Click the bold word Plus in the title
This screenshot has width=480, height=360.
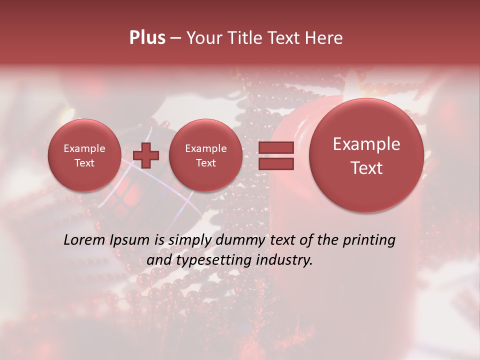tap(147, 38)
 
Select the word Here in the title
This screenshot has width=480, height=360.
tap(325, 38)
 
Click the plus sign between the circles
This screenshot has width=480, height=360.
tap(146, 155)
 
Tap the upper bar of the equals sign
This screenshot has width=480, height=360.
tap(275, 147)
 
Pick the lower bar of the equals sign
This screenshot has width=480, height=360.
tap(275, 163)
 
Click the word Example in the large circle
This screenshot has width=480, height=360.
tap(366, 144)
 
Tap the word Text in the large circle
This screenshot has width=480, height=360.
tap(366, 168)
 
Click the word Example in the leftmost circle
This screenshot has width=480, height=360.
tap(84, 148)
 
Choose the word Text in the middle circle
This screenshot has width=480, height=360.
tap(205, 163)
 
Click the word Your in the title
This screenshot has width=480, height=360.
tap(202, 38)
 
